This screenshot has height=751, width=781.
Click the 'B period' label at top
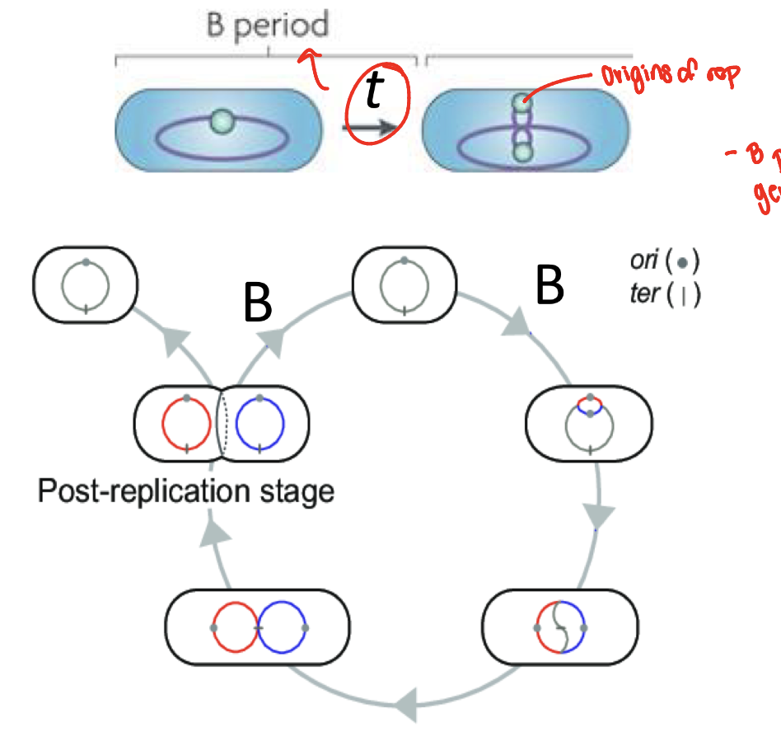(266, 25)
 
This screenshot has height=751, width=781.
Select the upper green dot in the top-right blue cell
(520, 103)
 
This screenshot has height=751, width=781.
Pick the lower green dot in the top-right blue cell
(520, 151)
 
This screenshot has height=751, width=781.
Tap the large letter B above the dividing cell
(258, 305)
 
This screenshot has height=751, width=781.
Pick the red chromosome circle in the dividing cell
(187, 425)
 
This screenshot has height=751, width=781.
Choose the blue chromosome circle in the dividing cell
(260, 425)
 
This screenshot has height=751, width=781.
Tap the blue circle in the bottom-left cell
(282, 627)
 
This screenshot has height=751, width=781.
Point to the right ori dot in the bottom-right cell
(583, 628)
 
